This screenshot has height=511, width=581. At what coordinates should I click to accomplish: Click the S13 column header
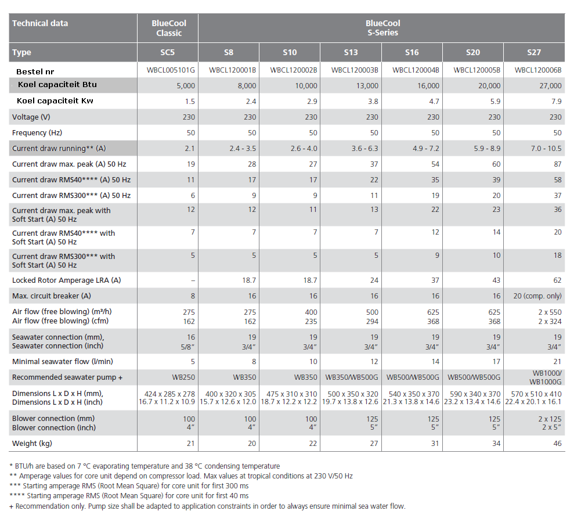point(351,52)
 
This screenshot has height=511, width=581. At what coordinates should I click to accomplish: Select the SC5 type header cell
point(167,52)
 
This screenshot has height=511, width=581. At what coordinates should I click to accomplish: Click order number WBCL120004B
point(412,70)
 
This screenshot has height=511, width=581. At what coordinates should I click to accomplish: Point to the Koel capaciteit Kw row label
point(55,101)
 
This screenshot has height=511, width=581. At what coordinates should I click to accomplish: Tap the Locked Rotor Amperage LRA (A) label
point(67,280)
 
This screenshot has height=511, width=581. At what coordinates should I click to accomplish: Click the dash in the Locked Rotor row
point(193,280)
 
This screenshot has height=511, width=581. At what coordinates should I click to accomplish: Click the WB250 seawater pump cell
point(183,377)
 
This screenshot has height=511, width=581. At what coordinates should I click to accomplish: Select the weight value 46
point(557,444)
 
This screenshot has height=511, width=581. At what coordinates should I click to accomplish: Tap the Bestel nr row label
point(35,71)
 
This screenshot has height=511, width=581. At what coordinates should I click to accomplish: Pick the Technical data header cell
point(40,23)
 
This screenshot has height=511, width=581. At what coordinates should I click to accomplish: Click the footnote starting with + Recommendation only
point(207,506)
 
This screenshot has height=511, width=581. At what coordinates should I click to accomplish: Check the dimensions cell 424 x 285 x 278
point(167,394)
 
